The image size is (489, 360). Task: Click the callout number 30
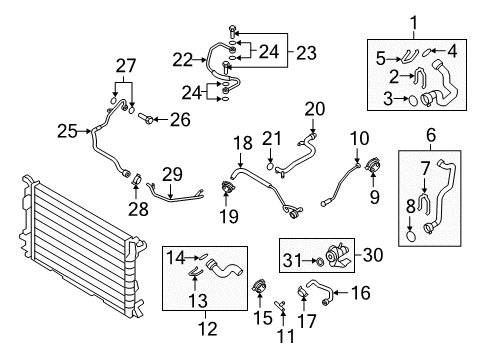coord(373,255)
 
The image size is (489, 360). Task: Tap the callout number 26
coord(180,120)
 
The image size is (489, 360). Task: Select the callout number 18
coord(243,143)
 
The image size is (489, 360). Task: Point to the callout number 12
coord(208,328)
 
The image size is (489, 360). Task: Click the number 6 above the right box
coord(431,135)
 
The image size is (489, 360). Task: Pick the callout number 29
coord(173,174)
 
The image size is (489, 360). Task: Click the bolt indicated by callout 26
coord(145,118)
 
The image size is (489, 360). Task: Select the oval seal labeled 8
coord(411,236)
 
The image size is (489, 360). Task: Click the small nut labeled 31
coord(319,262)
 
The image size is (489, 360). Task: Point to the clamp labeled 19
coord(227,187)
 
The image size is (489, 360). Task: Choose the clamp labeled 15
coord(259,287)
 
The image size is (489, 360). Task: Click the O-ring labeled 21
coord(270,166)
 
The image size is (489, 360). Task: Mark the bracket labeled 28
coord(136,179)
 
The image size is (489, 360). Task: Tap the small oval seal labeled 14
coord(203,257)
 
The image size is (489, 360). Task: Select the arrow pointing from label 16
coord(340,293)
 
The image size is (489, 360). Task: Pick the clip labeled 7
coord(424,204)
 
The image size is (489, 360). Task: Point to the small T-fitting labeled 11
coord(280,305)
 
